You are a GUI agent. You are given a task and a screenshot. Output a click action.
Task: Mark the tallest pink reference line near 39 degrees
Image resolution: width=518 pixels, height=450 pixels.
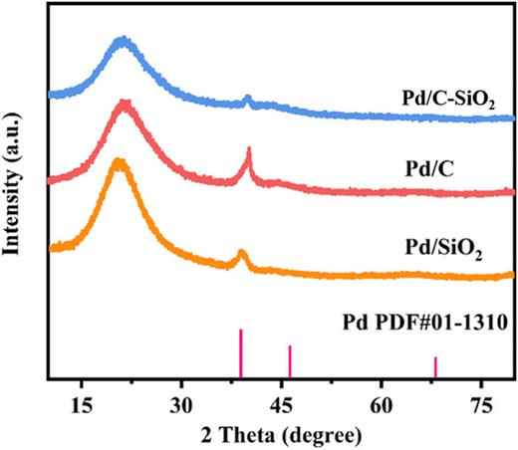tap(240, 353)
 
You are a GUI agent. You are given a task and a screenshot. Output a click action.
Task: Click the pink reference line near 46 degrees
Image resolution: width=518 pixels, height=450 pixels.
tap(290, 361)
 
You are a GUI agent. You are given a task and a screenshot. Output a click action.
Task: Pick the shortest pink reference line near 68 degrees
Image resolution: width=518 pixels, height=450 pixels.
tap(435, 367)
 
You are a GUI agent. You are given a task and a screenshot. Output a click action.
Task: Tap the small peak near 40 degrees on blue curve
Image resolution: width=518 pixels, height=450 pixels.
tap(247, 99)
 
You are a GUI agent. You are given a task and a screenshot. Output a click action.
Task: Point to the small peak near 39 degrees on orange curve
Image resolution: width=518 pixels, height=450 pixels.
tap(241, 254)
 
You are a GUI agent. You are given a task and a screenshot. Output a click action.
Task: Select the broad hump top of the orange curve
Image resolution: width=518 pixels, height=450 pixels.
tap(119, 161)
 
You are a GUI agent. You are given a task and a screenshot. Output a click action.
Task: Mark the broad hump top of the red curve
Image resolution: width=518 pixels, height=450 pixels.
tap(124, 103)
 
